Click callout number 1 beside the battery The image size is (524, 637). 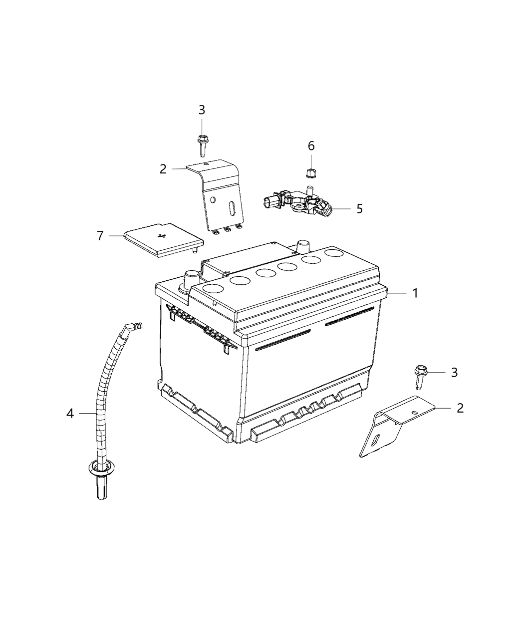point(415,293)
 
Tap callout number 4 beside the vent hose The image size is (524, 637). point(70,413)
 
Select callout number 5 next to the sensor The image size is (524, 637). point(359,208)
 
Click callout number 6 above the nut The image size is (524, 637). point(311,146)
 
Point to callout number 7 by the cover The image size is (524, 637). point(100,235)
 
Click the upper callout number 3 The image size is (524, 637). point(202,110)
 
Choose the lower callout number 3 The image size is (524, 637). point(454,372)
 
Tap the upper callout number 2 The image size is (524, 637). point(163,169)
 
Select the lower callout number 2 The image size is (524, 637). point(460,408)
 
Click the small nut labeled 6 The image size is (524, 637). point(309,173)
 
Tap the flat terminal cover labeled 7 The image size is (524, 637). point(160,240)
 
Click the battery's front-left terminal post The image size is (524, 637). point(191,278)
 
